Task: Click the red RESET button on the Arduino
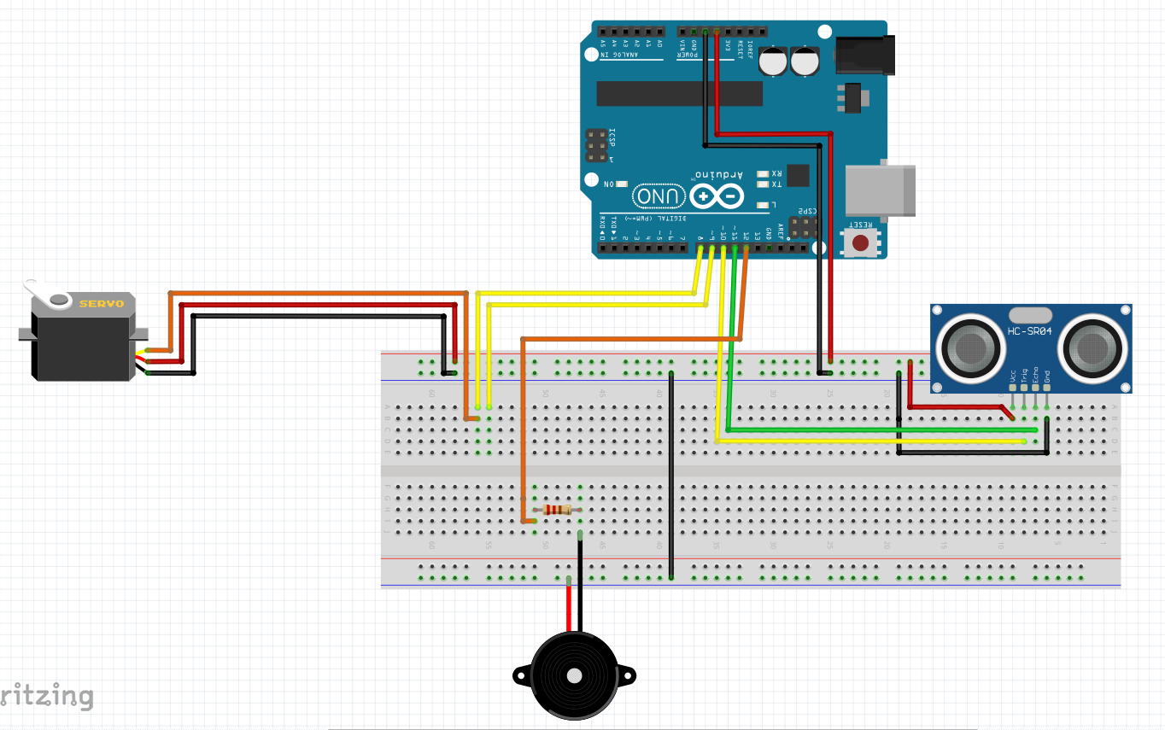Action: click(861, 242)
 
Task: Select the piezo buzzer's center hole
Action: click(574, 675)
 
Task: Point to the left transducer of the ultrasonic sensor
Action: click(969, 346)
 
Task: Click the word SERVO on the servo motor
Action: click(102, 304)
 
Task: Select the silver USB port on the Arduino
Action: click(879, 189)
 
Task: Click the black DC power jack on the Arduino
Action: click(864, 55)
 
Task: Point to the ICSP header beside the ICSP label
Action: click(597, 146)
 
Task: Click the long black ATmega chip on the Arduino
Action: click(679, 94)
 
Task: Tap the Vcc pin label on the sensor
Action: click(1013, 375)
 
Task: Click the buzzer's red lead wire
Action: click(569, 606)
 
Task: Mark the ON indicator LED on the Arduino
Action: click(622, 184)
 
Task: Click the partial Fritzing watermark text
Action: click(47, 696)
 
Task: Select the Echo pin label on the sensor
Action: click(1036, 375)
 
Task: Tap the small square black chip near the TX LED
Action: click(798, 176)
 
